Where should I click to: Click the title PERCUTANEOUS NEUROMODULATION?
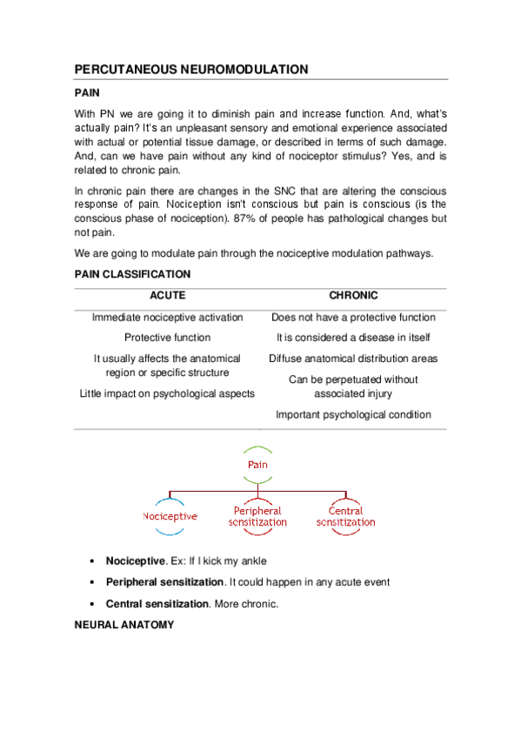coord(190,69)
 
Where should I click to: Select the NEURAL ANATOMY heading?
coord(124,625)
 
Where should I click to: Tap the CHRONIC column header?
coord(353,296)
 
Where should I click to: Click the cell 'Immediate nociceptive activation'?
coord(167,318)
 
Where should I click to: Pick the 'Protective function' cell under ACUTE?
coord(167,338)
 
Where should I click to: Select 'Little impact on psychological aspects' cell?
coord(167,393)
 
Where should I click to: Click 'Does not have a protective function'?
coord(353,318)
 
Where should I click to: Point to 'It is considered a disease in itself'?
coord(353,338)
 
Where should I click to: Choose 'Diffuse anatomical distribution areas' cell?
coord(353,359)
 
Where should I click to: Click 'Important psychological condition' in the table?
coord(353,414)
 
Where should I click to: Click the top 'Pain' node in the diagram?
coord(257,465)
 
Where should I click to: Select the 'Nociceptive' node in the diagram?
coord(170,516)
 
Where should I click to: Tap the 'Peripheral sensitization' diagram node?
coord(257,516)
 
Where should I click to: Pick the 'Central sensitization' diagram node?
coord(345,516)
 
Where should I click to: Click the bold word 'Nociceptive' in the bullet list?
coord(135,560)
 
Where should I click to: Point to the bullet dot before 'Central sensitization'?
coord(93,604)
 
